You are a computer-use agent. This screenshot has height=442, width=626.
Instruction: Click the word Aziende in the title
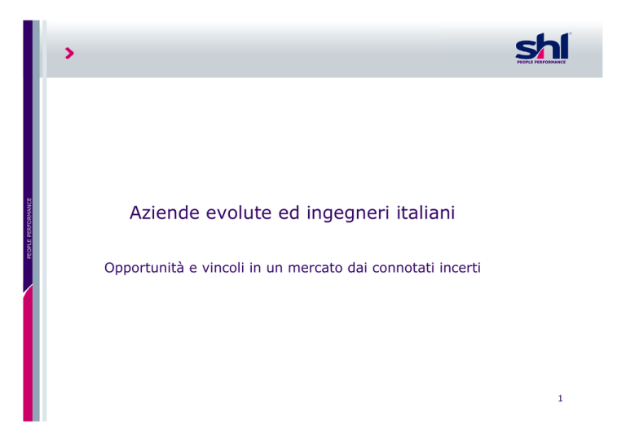tap(165, 212)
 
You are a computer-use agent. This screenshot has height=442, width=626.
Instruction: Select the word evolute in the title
tap(239, 212)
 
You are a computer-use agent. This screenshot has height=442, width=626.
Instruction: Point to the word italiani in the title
tap(425, 212)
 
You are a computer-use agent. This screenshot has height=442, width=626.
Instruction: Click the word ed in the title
tap(289, 212)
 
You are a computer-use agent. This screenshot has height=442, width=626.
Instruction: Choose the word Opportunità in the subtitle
tap(144, 268)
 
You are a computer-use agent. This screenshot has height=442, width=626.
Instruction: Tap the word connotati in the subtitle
tap(403, 268)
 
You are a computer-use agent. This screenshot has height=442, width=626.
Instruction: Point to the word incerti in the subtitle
tap(460, 268)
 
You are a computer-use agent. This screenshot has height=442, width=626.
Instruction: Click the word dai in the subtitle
tap(357, 268)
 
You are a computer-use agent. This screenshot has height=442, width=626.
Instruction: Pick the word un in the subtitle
tap(274, 269)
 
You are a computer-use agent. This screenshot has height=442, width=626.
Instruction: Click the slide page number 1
tap(560, 398)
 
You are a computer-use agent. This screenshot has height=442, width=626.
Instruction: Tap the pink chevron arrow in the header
tap(69, 53)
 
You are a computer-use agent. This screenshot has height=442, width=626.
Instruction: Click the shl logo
tap(542, 48)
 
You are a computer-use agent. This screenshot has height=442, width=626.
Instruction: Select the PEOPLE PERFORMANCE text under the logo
tap(541, 62)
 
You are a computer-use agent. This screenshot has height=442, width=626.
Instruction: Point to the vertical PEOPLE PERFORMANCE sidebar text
tap(29, 228)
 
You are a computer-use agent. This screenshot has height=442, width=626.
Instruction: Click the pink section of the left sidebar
tap(28, 355)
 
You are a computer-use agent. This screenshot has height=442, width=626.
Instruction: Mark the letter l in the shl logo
tap(564, 46)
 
